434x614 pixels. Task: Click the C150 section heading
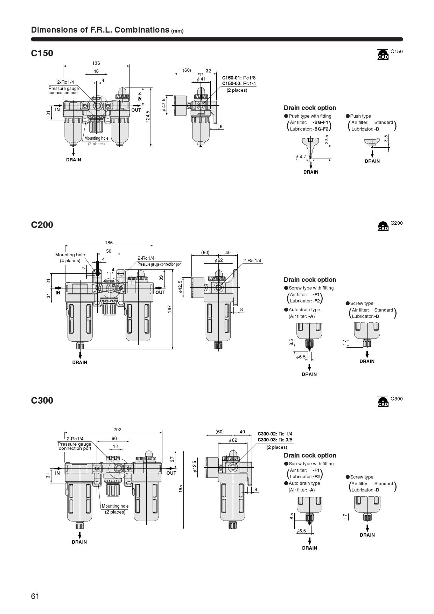(x=42, y=53)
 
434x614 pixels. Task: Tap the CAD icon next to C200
(x=383, y=226)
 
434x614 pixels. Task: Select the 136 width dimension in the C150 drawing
(x=96, y=63)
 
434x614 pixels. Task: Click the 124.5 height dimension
(x=148, y=117)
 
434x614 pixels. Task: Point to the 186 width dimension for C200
(x=109, y=243)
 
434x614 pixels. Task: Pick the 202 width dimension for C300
(x=117, y=430)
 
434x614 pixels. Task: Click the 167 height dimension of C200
(x=170, y=309)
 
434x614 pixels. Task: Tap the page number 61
(x=35, y=596)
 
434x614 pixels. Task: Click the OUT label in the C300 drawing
(x=171, y=473)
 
